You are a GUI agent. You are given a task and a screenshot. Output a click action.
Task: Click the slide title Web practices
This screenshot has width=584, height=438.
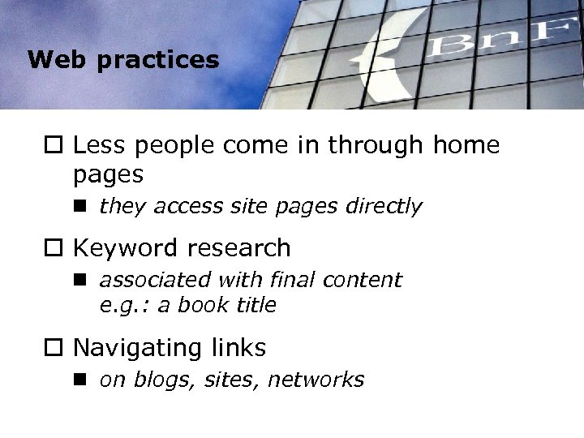pyautogui.click(x=122, y=60)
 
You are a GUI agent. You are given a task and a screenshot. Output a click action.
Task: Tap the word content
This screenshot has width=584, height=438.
pyautogui.click(x=363, y=281)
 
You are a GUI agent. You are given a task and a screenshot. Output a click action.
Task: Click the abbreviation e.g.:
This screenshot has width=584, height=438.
pyautogui.click(x=122, y=305)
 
